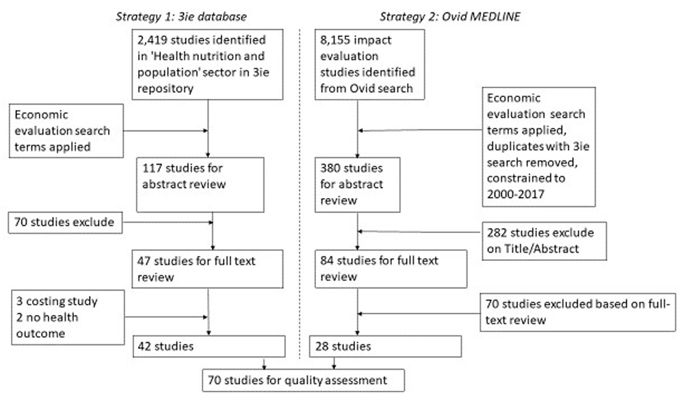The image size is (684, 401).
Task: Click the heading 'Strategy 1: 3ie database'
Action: (x=181, y=16)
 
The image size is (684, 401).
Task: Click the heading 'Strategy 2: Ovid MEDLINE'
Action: (x=450, y=16)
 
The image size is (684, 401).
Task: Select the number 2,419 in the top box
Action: (x=152, y=40)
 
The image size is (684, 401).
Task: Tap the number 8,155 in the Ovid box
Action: (x=334, y=40)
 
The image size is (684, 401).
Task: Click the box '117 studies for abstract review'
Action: (x=200, y=185)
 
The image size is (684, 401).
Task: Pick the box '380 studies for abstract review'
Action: (x=357, y=185)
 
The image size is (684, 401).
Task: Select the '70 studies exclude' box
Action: (x=65, y=222)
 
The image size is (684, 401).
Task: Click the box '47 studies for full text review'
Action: (x=207, y=269)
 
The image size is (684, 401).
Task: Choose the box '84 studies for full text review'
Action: (x=391, y=269)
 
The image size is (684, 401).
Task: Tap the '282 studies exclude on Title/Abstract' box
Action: (x=544, y=241)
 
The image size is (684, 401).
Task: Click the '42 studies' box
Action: (x=209, y=346)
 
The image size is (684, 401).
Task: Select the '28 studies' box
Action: (x=385, y=346)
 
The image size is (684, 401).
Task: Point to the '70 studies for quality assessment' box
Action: (x=303, y=381)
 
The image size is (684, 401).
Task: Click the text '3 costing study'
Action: (x=57, y=301)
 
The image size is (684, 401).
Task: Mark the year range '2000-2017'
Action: (x=516, y=195)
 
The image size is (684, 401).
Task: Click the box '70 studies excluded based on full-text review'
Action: (x=577, y=312)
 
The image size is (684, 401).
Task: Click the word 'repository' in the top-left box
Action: (x=166, y=89)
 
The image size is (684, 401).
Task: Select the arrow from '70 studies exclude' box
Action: (x=168, y=222)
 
